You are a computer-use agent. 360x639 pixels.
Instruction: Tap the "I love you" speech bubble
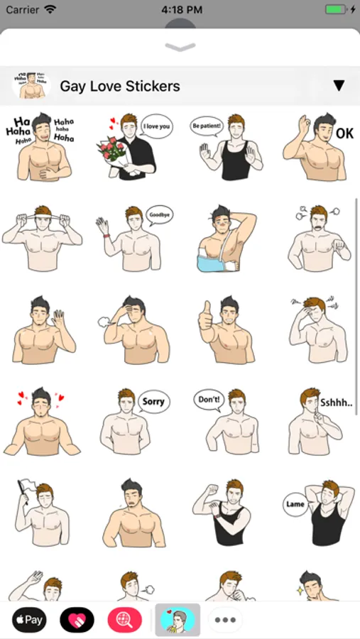pos(157,126)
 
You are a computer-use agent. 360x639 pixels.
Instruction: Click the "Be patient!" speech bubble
pos(207,126)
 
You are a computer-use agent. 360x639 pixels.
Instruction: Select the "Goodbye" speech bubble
pos(160,214)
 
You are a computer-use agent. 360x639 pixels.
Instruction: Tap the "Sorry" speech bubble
pos(153,402)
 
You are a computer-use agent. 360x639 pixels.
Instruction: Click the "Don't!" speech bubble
pos(209,399)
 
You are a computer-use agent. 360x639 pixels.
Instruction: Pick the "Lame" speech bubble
pos(295,505)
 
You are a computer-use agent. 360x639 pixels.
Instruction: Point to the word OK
pos(344,133)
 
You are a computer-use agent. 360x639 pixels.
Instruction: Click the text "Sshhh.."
pos(336,403)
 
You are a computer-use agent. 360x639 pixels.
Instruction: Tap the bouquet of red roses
pos(112,153)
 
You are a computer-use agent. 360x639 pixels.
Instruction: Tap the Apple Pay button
pos(29,620)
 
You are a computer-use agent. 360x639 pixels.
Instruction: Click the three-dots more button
pos(226,620)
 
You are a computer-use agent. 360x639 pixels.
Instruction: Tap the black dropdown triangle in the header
pos(339,86)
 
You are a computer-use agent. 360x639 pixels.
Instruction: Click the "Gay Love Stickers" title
pos(120,87)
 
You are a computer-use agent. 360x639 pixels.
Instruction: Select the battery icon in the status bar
pos(336,9)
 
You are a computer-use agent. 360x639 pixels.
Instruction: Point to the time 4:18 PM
pos(182,10)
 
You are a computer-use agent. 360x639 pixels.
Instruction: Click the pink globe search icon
pos(125,620)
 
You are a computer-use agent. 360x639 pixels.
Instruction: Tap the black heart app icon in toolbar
pos(77,620)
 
